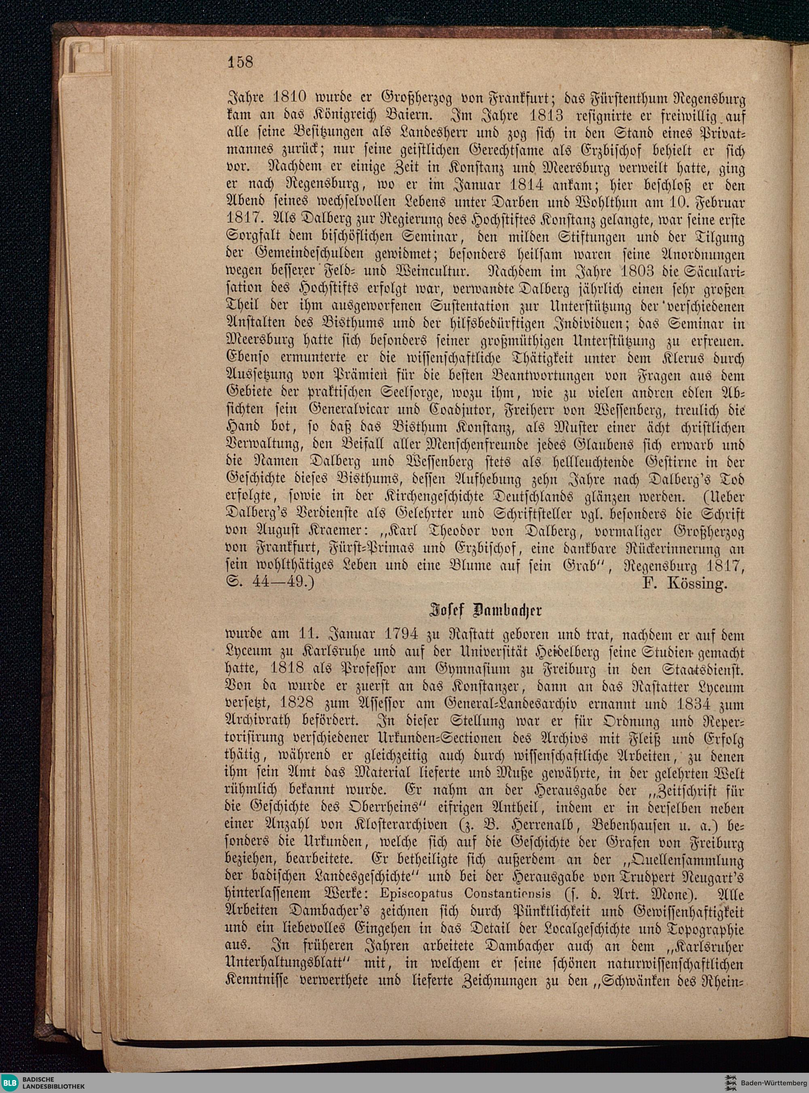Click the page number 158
click(239, 62)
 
